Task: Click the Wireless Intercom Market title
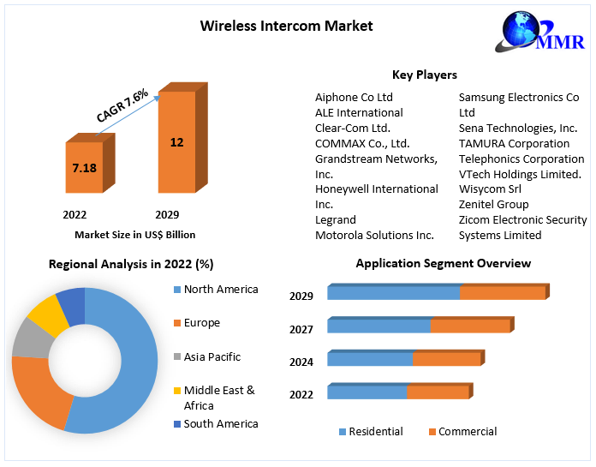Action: coord(286,26)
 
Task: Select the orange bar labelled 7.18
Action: coord(84,168)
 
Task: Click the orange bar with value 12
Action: coord(176,142)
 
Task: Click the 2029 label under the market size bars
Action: coord(167,214)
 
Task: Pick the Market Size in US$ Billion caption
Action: coord(134,234)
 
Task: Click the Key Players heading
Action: coord(424,75)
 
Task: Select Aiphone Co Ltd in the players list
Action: coord(354,97)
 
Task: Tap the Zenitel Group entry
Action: coord(493,204)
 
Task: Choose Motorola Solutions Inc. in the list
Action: coord(374,235)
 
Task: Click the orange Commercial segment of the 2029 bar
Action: coord(503,293)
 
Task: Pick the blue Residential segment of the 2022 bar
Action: coord(367,392)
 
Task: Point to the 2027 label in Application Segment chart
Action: coord(301,329)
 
